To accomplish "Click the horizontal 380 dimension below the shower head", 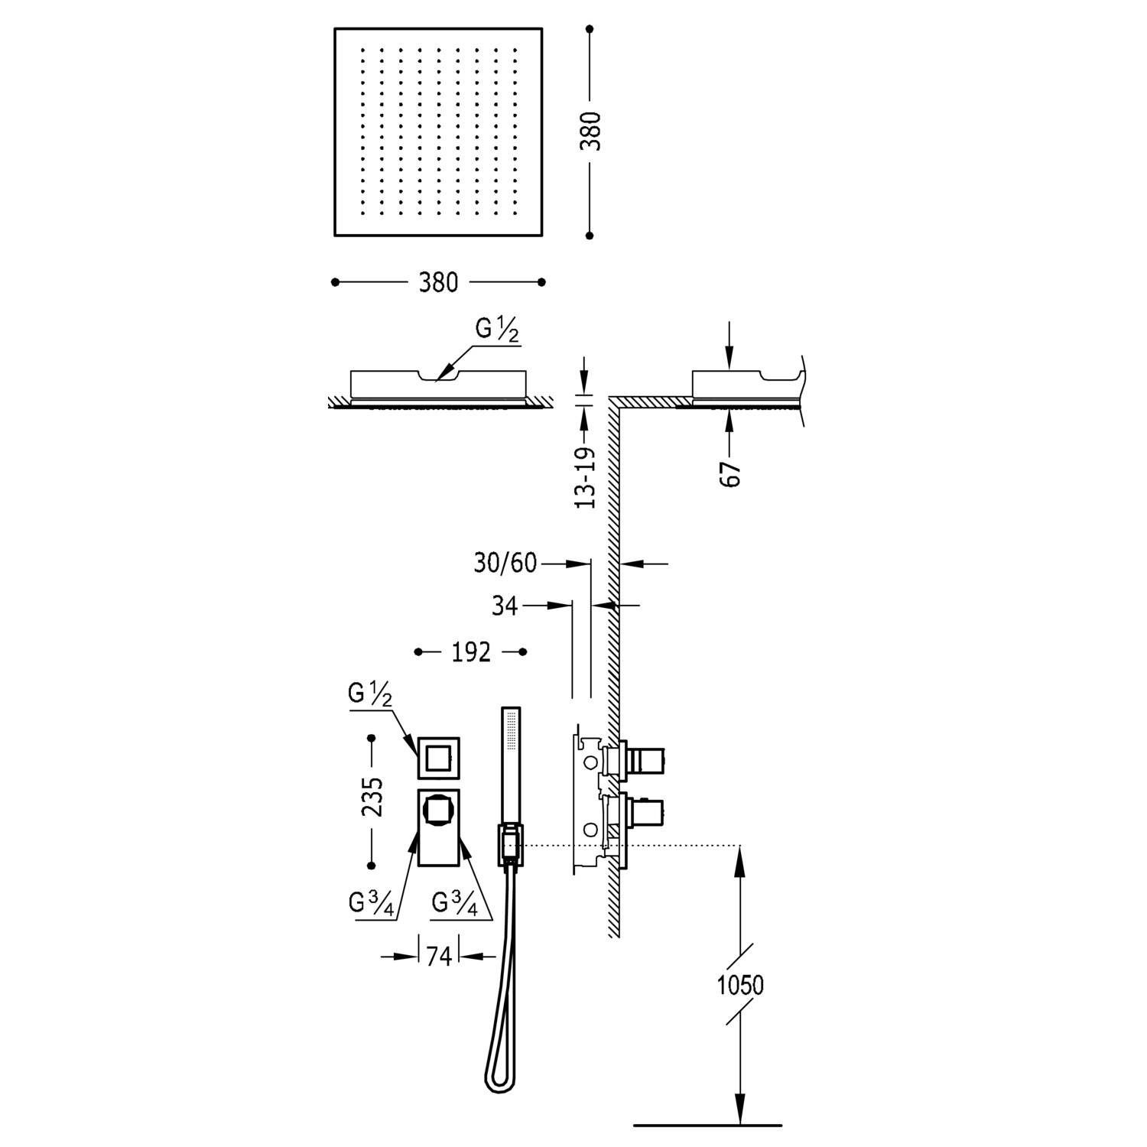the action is click(438, 282).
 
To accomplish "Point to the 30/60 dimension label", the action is click(505, 564).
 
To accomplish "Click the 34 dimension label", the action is click(505, 606).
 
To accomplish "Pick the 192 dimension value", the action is click(471, 652).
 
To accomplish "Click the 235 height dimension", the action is click(372, 798).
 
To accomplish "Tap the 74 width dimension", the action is click(439, 956).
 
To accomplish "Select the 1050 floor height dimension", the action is click(740, 985).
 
